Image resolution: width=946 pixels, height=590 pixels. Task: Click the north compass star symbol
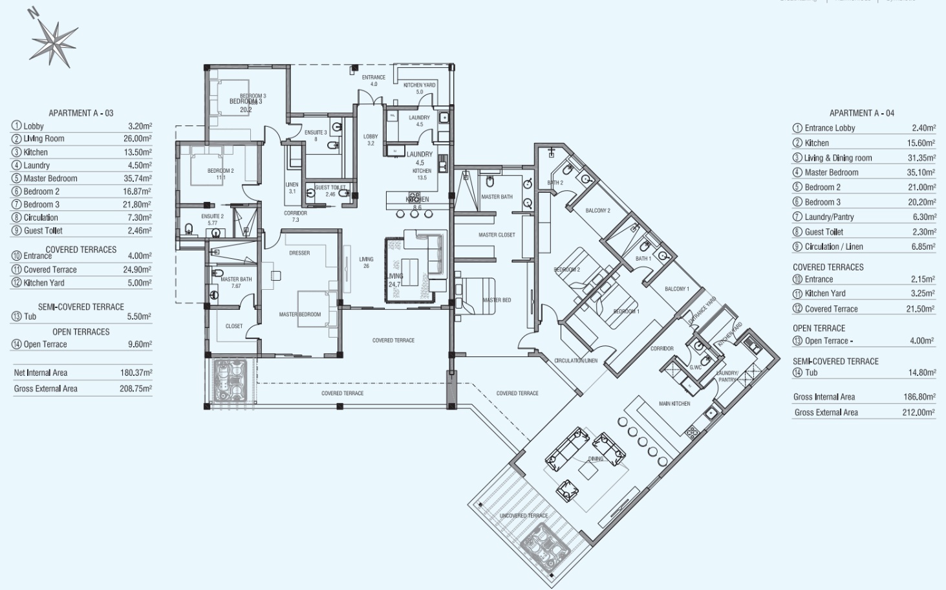[54, 43]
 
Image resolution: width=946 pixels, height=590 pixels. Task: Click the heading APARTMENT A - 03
[81, 113]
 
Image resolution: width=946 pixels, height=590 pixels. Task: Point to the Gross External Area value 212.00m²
[918, 412]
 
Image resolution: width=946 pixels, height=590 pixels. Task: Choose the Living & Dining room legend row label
[837, 158]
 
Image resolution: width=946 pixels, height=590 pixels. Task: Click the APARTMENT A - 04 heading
[861, 113]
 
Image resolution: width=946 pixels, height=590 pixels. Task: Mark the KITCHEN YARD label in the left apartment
[419, 85]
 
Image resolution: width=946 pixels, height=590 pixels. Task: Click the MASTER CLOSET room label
[497, 235]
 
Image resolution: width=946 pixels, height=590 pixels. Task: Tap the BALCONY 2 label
[597, 210]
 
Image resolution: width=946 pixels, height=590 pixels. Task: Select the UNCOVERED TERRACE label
[524, 516]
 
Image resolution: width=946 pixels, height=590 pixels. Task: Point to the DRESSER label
[299, 253]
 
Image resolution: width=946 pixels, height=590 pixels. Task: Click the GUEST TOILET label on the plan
[330, 188]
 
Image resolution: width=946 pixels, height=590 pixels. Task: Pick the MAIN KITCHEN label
[674, 404]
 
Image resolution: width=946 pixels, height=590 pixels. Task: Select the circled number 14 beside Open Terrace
[16, 344]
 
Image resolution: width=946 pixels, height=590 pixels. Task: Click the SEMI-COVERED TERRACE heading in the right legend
[835, 362]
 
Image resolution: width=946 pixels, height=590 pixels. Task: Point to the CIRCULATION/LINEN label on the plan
[575, 360]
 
